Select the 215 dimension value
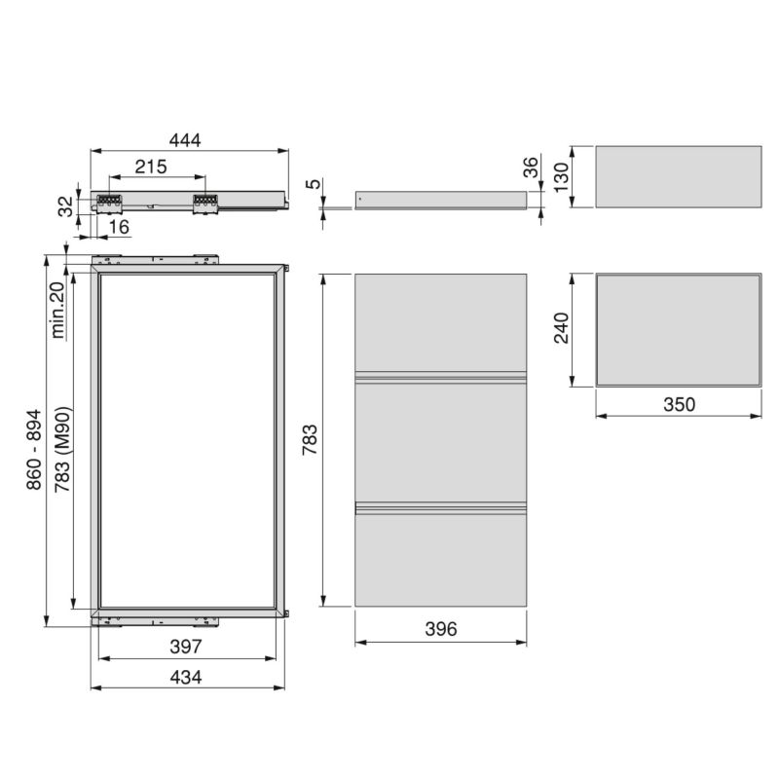(x=151, y=167)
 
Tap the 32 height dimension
(x=65, y=205)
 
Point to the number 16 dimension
(x=119, y=226)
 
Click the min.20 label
(x=57, y=310)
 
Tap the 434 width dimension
(x=185, y=678)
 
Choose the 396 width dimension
(x=440, y=630)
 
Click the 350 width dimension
(x=678, y=404)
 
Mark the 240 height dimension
(x=561, y=330)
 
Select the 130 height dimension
(x=561, y=176)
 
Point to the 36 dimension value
(x=532, y=167)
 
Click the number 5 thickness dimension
(x=310, y=182)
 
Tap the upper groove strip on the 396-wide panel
(x=440, y=377)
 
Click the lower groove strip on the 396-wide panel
(x=440, y=506)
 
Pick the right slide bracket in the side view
(x=204, y=202)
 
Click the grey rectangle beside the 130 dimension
(x=678, y=176)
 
